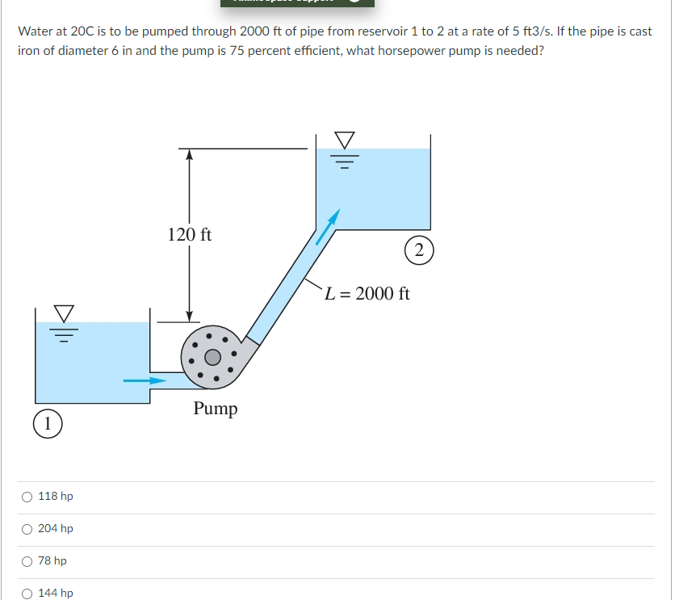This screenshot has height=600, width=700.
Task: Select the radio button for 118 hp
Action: [x=28, y=497]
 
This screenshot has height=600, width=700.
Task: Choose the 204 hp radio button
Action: [x=28, y=529]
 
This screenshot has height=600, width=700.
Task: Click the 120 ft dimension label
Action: [x=190, y=235]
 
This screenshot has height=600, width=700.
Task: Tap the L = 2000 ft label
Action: [x=367, y=293]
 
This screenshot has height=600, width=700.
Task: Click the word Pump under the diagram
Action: [x=216, y=409]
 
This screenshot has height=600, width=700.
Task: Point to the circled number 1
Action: [x=49, y=422]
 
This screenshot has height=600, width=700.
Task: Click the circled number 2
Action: [x=417, y=250]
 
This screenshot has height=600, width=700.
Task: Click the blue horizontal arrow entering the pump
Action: [x=143, y=380]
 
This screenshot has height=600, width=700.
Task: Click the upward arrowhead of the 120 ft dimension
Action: [x=189, y=154]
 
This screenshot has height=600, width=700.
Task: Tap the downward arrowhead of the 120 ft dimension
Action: [x=189, y=316]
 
